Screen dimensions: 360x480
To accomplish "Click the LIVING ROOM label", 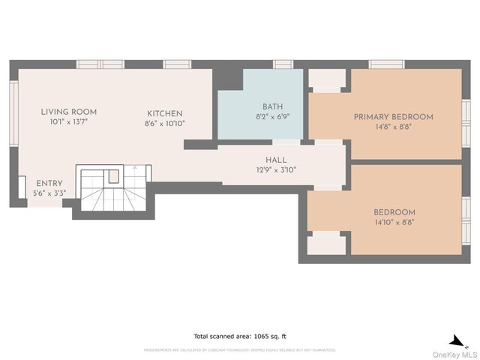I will (68, 112).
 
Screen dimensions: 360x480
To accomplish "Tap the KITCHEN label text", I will (164, 113).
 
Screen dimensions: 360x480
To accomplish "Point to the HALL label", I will (276, 160).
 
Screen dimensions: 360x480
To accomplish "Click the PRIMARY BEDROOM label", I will (393, 117).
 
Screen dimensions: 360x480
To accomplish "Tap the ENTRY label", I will (49, 183).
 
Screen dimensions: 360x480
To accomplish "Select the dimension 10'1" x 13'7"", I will (68, 121).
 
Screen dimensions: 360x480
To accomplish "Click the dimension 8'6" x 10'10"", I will (164, 123).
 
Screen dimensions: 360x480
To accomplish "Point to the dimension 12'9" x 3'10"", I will (276, 169).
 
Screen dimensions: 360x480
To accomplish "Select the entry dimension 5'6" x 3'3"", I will (49, 193).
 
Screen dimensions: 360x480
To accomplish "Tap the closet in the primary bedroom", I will (327, 79).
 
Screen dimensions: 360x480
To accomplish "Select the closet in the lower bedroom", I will (327, 244).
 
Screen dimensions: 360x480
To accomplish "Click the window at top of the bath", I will (283, 64).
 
